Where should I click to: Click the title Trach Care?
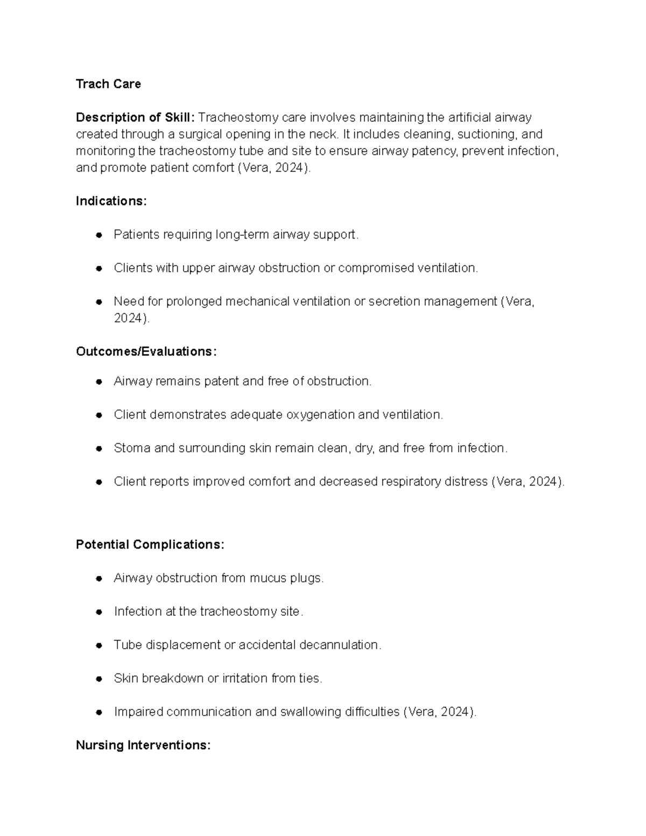click(x=108, y=84)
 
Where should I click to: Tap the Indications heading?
click(x=111, y=201)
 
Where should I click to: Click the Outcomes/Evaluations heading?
click(x=146, y=352)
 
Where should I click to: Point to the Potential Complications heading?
click(x=150, y=545)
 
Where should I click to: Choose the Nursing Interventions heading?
click(x=143, y=745)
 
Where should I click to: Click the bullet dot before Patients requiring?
click(x=99, y=235)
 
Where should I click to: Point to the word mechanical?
click(x=257, y=301)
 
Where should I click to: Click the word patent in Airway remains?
click(x=222, y=382)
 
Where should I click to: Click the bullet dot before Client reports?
click(x=99, y=482)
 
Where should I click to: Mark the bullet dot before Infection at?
click(x=99, y=612)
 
